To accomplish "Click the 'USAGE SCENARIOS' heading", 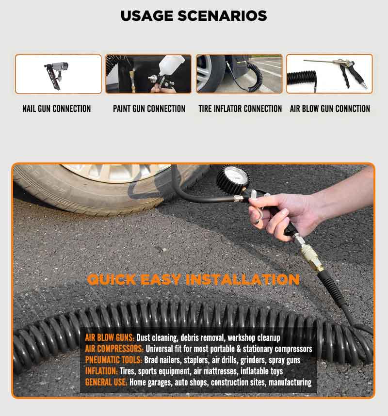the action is [x=194, y=16].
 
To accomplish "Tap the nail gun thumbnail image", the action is [x=58, y=74].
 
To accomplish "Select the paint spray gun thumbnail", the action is [x=148, y=74].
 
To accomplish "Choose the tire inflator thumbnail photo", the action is [x=239, y=74].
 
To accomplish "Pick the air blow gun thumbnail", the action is [x=330, y=74].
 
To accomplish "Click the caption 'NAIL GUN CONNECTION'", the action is [x=57, y=109].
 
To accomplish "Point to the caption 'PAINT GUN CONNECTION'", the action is [x=149, y=109].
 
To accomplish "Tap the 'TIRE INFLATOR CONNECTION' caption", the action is [x=240, y=109].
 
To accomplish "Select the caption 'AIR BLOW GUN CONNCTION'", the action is [x=330, y=109].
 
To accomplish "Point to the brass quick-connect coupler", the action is [x=311, y=259].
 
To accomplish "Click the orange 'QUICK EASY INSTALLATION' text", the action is [x=193, y=280].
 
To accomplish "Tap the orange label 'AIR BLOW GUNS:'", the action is [x=110, y=338].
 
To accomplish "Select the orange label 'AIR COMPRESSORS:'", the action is [x=114, y=349].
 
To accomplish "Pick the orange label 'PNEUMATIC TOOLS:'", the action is [x=113, y=360].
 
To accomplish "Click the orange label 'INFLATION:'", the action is [x=101, y=371].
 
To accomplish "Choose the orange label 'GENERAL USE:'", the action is [x=106, y=383].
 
